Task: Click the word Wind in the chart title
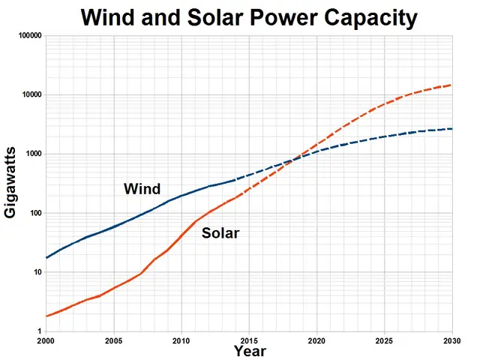(x=112, y=17)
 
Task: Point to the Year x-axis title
(x=249, y=351)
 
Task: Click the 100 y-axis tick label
(x=35, y=214)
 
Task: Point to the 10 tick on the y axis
(x=37, y=272)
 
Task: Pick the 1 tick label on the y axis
(x=40, y=331)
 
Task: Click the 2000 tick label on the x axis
(x=46, y=340)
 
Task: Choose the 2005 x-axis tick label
(x=114, y=340)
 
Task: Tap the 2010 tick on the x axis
(x=181, y=340)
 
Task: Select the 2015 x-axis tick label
(x=249, y=340)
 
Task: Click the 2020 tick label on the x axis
(x=316, y=340)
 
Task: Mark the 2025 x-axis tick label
(x=384, y=340)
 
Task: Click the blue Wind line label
(x=142, y=189)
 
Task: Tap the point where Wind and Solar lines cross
(x=293, y=158)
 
